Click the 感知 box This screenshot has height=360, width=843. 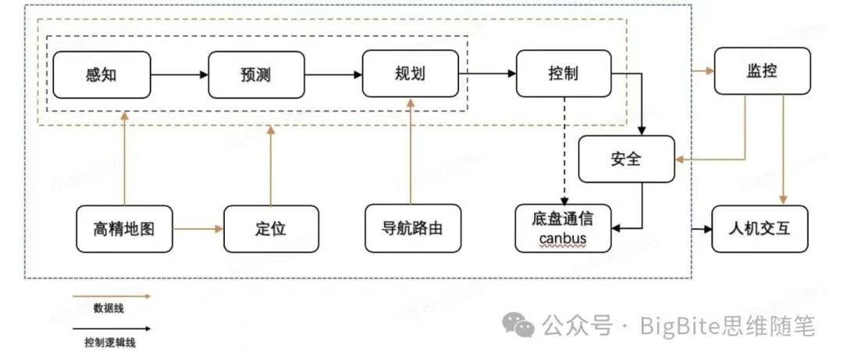click(x=101, y=74)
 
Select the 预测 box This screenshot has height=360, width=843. click(x=256, y=74)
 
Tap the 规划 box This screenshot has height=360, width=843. click(x=410, y=74)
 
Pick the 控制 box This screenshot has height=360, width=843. click(x=563, y=74)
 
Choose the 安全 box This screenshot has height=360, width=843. click(x=625, y=159)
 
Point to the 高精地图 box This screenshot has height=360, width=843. click(x=123, y=229)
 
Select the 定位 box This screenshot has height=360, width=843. click(x=271, y=229)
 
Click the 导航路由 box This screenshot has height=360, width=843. click(x=412, y=229)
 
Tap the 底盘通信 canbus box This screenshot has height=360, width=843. click(x=563, y=229)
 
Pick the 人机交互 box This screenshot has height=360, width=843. click(x=761, y=229)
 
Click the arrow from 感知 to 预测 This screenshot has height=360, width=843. click(x=179, y=75)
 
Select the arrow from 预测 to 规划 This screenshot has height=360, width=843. click(x=333, y=75)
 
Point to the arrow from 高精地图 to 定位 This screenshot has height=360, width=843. click(x=197, y=229)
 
